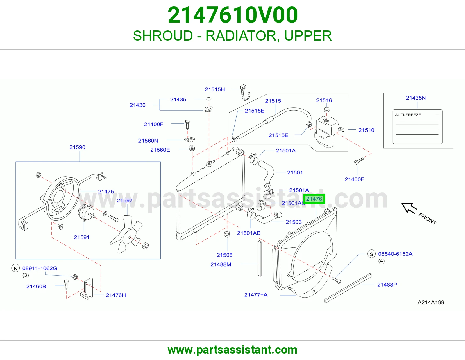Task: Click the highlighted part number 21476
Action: click(x=314, y=199)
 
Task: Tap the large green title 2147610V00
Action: click(x=233, y=15)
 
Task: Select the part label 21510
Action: click(x=366, y=130)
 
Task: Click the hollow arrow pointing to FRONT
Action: click(x=409, y=208)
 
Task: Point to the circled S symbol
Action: click(x=371, y=254)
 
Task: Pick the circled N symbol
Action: click(x=16, y=268)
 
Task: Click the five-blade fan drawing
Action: click(x=126, y=234)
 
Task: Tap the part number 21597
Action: click(x=125, y=201)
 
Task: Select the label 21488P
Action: click(x=387, y=285)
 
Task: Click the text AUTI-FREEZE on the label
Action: click(x=408, y=115)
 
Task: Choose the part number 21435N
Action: click(x=416, y=98)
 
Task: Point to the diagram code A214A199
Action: click(x=431, y=302)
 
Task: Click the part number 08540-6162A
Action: click(x=395, y=254)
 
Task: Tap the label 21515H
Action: click(x=215, y=89)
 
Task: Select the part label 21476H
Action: click(x=116, y=295)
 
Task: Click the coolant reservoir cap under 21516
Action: click(x=326, y=110)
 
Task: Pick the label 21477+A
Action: click(x=256, y=295)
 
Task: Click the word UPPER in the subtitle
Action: click(x=308, y=36)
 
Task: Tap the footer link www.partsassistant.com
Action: click(x=233, y=350)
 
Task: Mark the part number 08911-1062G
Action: click(x=40, y=268)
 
